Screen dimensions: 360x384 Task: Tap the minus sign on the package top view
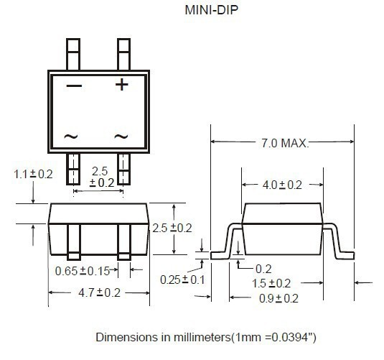pyautogui.click(x=74, y=86)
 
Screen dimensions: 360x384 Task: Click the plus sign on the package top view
pyautogui.click(x=122, y=85)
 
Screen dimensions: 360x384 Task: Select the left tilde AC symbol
pyautogui.click(x=71, y=136)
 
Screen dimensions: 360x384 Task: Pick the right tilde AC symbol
pyautogui.click(x=121, y=136)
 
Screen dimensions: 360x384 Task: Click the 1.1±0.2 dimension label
pyautogui.click(x=33, y=174)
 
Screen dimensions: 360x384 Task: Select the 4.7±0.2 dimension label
pyautogui.click(x=98, y=292)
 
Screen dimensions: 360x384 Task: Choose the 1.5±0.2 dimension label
pyautogui.click(x=271, y=283)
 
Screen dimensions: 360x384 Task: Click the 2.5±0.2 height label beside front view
pyautogui.click(x=172, y=228)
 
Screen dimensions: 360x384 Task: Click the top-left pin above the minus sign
pyautogui.click(x=74, y=52)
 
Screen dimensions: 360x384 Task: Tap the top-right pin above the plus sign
pyautogui.click(x=123, y=52)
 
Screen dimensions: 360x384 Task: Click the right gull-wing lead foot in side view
pyautogui.click(x=346, y=254)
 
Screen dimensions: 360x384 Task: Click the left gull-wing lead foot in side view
pyautogui.click(x=218, y=254)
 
